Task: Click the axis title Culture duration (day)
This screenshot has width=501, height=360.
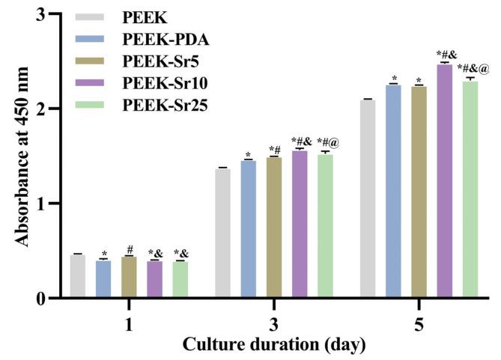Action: pyautogui.click(x=273, y=345)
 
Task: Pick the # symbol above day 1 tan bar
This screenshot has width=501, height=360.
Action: pyautogui.click(x=130, y=249)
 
